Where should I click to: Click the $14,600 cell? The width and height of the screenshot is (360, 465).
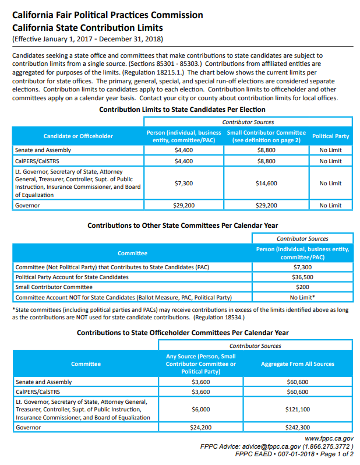pyautogui.click(x=266, y=184)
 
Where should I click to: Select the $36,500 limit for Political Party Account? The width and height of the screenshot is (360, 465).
pyautogui.click(x=302, y=277)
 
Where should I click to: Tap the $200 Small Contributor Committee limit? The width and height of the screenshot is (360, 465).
pyautogui.click(x=302, y=287)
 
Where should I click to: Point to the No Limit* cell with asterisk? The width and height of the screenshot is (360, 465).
pyautogui.click(x=302, y=297)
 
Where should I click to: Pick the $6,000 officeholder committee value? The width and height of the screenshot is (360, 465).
pyautogui.click(x=200, y=409)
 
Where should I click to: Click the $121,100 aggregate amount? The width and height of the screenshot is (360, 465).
pyautogui.click(x=298, y=409)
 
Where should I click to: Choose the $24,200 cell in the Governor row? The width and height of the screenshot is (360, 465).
pyautogui.click(x=200, y=427)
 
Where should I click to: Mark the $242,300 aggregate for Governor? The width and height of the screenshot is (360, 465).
pyautogui.click(x=298, y=427)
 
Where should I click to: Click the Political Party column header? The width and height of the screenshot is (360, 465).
pyautogui.click(x=330, y=136)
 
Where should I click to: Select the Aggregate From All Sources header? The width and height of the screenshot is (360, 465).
pyautogui.click(x=298, y=364)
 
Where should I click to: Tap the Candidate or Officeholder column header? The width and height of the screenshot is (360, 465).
pyautogui.click(x=78, y=136)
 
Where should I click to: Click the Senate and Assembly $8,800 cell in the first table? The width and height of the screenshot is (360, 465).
pyautogui.click(x=266, y=150)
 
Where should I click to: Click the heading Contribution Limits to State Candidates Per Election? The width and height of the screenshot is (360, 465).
pyautogui.click(x=182, y=110)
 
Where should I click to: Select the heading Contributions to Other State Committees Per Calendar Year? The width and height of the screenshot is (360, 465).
pyautogui.click(x=182, y=225)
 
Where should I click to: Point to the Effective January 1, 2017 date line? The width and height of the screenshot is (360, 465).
pyautogui.click(x=87, y=39)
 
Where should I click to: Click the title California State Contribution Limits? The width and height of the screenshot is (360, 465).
pyautogui.click(x=87, y=27)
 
